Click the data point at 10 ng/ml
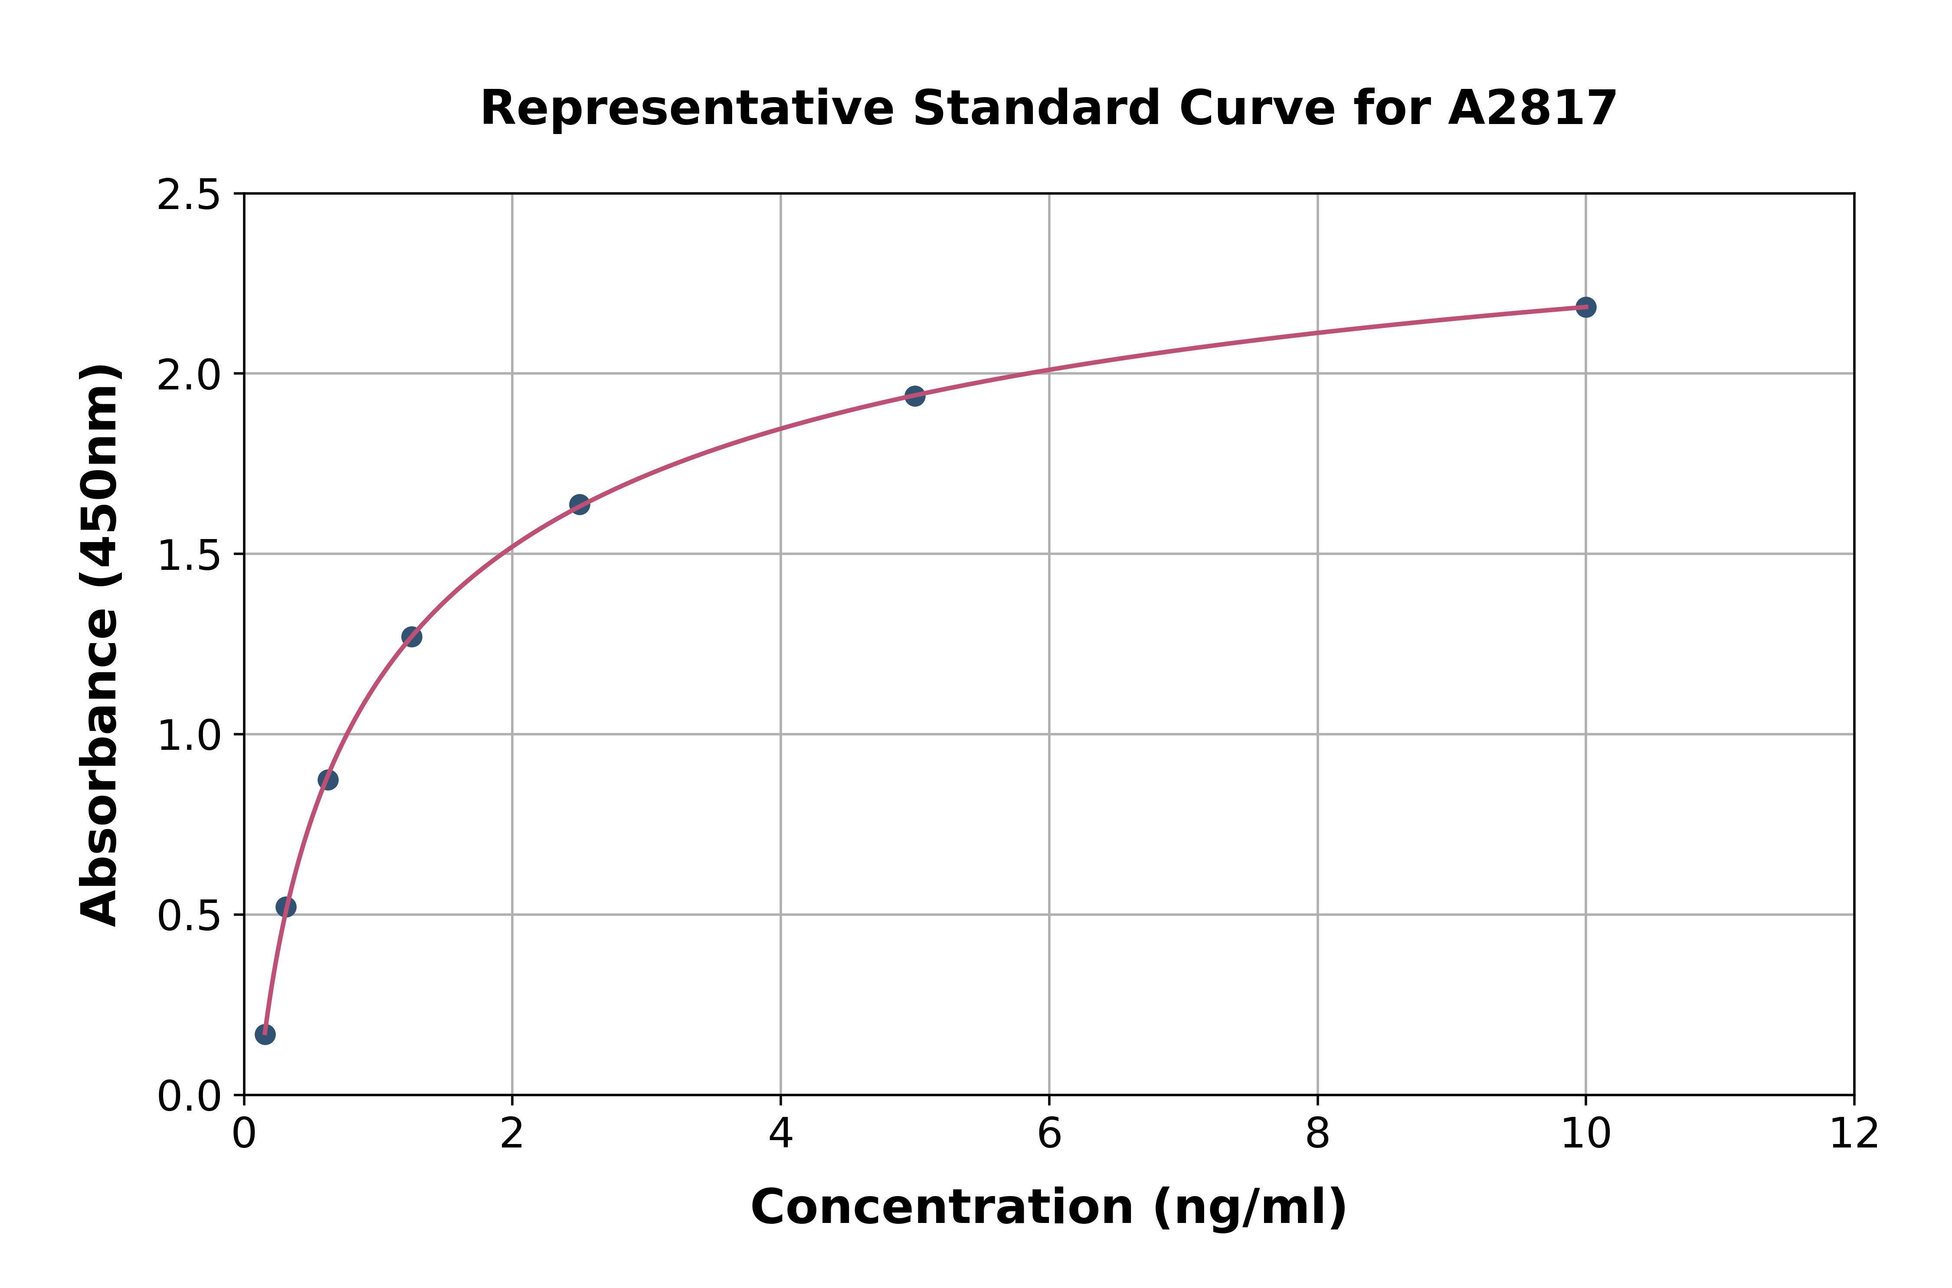[x=1585, y=307]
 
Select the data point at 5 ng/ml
[x=914, y=396]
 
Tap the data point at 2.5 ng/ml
[x=579, y=504]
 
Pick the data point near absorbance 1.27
[x=412, y=637]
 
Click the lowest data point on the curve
[x=265, y=1034]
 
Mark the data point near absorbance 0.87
[x=328, y=780]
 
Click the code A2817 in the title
[x=1532, y=108]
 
